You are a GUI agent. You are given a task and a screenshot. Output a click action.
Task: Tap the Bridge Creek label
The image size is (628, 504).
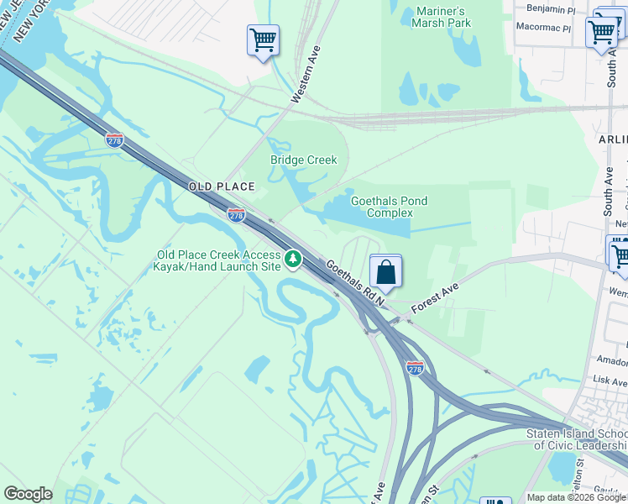point(303,160)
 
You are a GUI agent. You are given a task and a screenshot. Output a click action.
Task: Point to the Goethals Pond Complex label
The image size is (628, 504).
point(389,207)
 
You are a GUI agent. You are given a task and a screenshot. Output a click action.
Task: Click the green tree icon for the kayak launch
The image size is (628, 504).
point(292,259)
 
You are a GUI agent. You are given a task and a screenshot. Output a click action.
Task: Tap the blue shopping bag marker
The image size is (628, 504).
point(385,272)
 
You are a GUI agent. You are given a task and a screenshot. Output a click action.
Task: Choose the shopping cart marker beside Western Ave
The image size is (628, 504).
point(263,39)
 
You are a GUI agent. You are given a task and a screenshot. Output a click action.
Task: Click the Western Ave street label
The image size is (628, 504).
point(306,75)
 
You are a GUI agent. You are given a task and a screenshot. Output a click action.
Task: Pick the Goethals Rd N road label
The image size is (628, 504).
point(354,281)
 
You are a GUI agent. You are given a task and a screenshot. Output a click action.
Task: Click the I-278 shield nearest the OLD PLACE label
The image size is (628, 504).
point(237,215)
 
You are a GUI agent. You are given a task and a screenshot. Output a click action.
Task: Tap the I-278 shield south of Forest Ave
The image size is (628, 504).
point(415,367)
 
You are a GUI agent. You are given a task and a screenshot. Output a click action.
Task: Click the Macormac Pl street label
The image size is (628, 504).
point(542,28)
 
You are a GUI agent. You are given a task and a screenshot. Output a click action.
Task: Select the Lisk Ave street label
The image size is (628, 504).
point(608,380)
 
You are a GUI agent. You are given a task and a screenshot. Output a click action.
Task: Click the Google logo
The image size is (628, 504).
point(28,494)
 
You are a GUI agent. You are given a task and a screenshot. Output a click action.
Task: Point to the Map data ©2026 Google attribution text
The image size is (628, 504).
point(576,497)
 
